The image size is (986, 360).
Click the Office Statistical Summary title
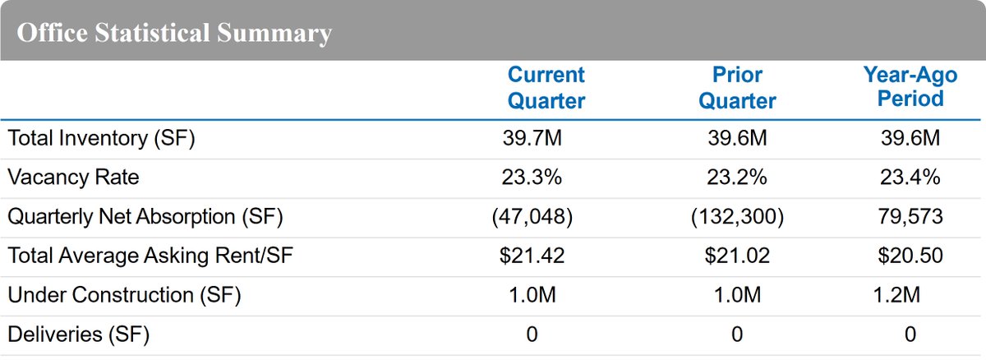tap(174, 34)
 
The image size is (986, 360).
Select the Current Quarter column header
tap(546, 88)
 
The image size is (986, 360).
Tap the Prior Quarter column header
tap(736, 88)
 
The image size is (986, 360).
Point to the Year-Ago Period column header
tap(910, 87)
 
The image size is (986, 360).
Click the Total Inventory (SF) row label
tap(101, 138)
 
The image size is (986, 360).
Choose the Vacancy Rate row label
tap(74, 177)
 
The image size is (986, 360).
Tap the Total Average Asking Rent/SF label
tap(150, 256)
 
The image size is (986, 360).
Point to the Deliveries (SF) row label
tap(80, 335)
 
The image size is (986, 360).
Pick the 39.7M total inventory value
tap(532, 138)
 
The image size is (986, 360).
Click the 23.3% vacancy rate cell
tap(532, 177)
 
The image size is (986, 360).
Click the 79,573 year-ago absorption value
tap(910, 216)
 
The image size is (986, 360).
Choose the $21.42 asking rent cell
tap(532, 256)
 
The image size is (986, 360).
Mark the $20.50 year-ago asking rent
tap(910, 256)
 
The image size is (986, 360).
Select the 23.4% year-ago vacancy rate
tap(910, 177)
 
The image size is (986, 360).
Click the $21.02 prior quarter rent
tap(737, 256)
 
